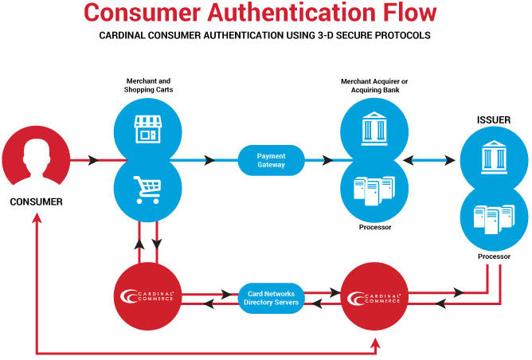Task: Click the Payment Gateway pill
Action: point(271,160)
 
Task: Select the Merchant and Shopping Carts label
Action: point(148,85)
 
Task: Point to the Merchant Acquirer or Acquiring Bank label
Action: point(374,85)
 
